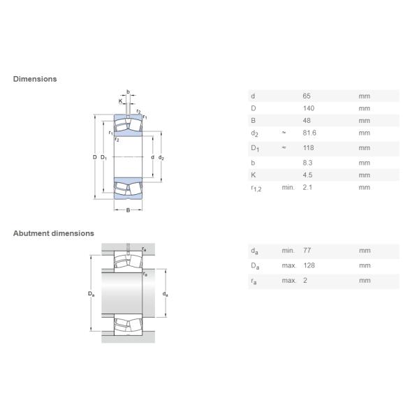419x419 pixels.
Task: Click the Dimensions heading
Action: [x=35, y=79]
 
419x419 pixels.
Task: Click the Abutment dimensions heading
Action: [x=54, y=233]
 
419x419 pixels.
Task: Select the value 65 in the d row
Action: [x=307, y=96]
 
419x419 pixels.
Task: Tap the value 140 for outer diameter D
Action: [x=309, y=108]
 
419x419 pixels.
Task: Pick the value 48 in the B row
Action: [x=307, y=121]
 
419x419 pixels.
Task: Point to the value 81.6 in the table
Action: [x=309, y=133]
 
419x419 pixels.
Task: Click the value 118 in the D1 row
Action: [x=309, y=148]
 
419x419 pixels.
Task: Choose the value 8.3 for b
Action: [x=307, y=163]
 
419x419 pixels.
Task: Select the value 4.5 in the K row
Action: [x=307, y=175]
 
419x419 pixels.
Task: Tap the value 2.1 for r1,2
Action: [x=307, y=187]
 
